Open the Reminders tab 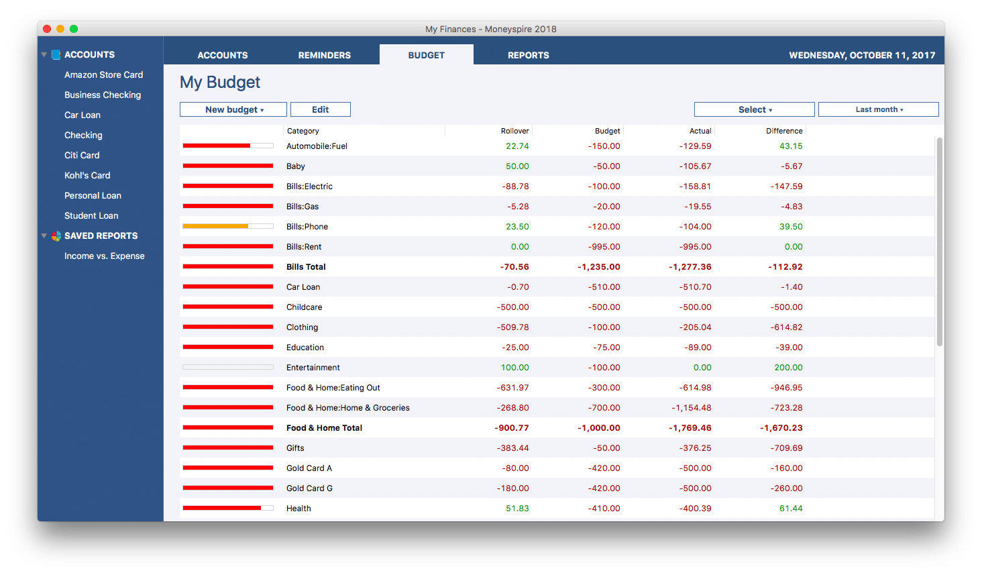[325, 55]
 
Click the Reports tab [528, 55]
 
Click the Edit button [321, 109]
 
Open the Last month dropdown [878, 109]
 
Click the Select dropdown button [754, 109]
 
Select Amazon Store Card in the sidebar [103, 74]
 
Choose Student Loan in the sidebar [91, 215]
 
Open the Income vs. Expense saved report [104, 256]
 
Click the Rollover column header [514, 131]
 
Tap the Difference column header [783, 131]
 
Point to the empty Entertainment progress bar [228, 367]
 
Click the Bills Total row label [306, 266]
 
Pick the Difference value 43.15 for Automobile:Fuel [791, 146]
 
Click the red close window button [47, 29]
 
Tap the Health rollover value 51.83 [517, 508]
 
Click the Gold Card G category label [309, 488]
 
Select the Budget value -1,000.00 [599, 427]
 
